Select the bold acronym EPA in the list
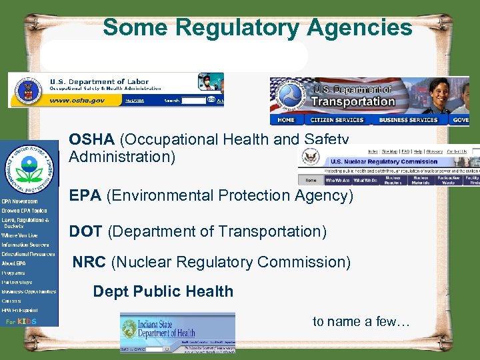click(85, 196)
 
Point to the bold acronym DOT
click(85, 231)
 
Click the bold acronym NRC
click(89, 263)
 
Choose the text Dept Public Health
click(163, 292)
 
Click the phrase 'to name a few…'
click(361, 322)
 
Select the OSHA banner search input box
click(193, 101)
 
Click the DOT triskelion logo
click(291, 96)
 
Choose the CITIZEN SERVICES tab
click(337, 121)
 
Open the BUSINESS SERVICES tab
click(408, 121)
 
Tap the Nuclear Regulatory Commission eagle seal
click(310, 157)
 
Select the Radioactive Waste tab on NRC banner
click(448, 180)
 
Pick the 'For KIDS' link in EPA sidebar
click(21, 322)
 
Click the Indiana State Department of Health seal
click(129, 329)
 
